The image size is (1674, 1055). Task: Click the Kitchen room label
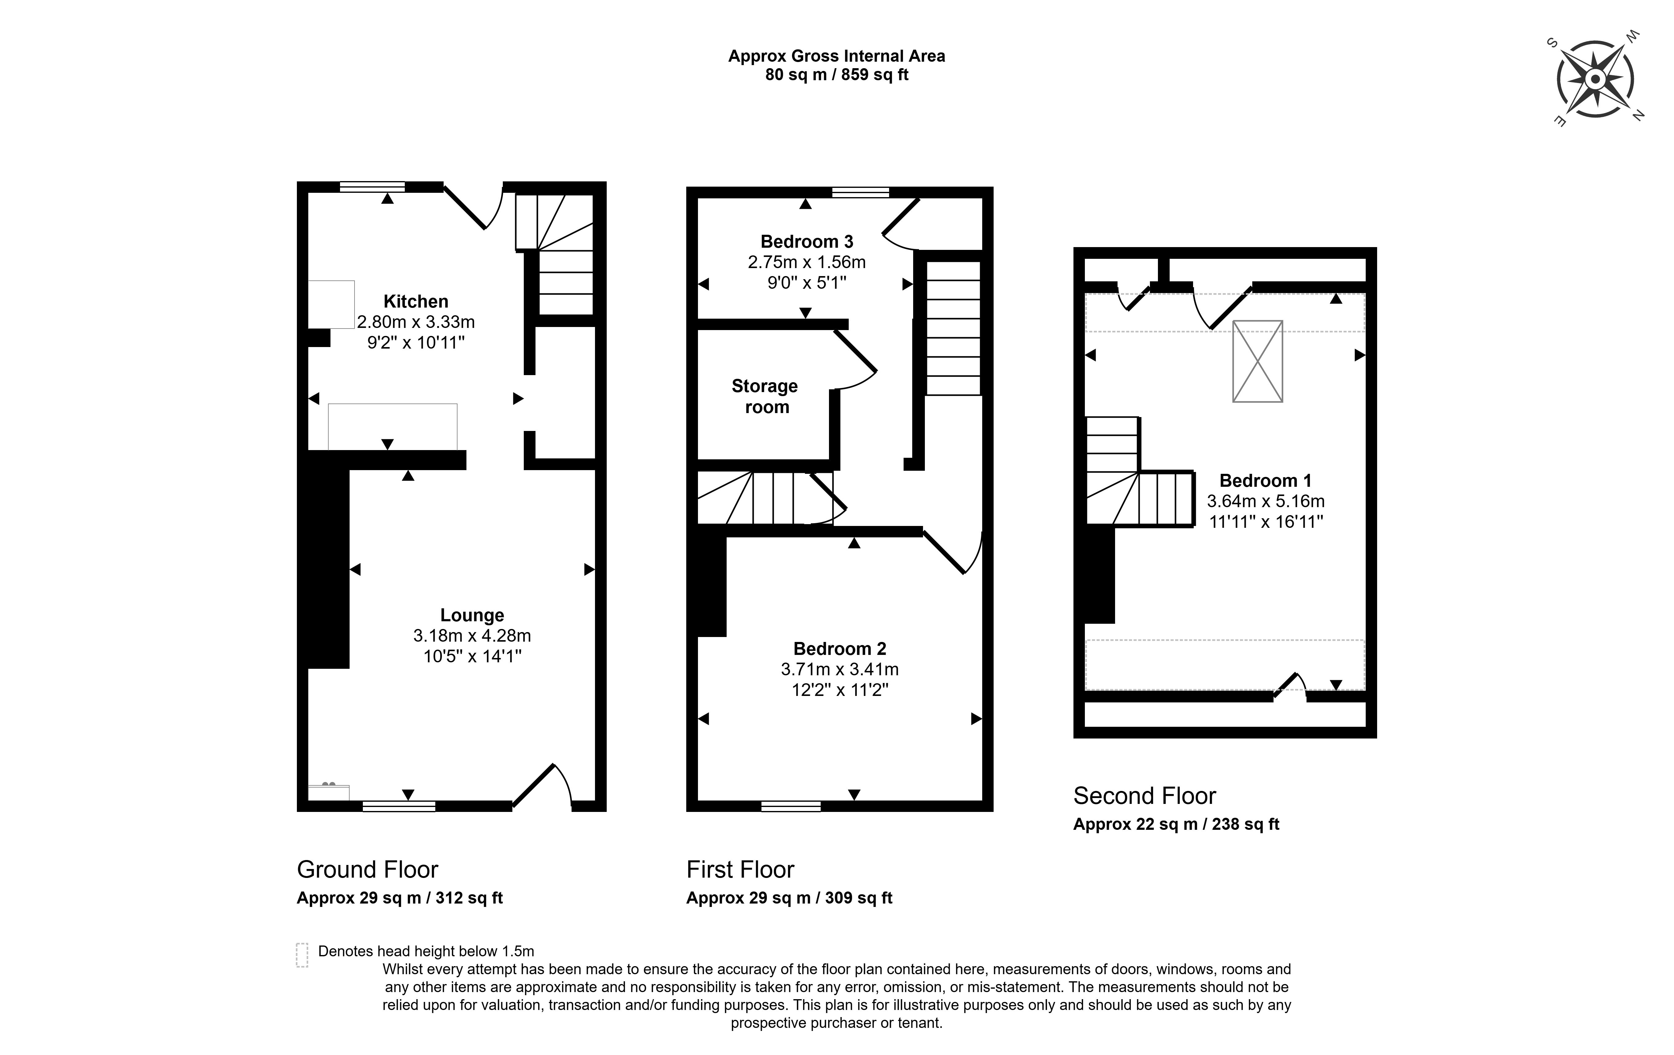[x=416, y=301]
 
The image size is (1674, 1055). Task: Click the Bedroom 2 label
[x=840, y=649]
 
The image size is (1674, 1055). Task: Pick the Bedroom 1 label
[x=1265, y=481]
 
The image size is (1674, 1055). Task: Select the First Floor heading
[x=741, y=869]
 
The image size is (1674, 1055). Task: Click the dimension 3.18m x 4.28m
[x=472, y=636]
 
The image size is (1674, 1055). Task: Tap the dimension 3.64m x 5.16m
[x=1265, y=501]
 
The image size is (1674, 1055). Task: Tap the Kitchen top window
[x=372, y=186]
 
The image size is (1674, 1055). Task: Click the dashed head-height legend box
[x=302, y=955]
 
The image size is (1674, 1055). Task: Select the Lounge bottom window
[x=399, y=806]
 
